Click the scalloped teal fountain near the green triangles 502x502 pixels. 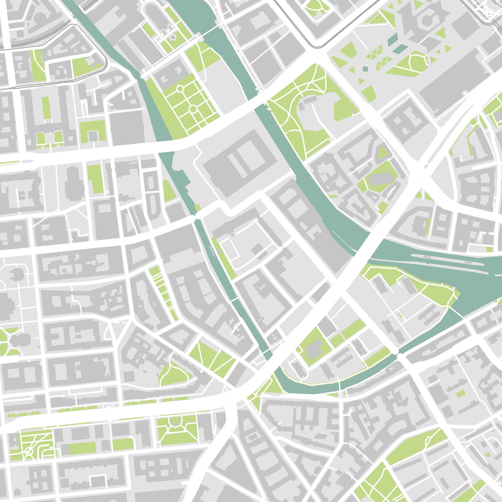click(365, 69)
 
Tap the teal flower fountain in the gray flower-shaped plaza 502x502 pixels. click(173, 38)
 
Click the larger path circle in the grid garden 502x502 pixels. click(193, 109)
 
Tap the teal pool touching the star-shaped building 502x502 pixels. click(392, 39)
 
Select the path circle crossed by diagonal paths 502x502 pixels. click(28, 452)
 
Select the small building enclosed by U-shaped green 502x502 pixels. click(92, 135)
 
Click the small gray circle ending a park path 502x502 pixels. click(353, 112)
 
